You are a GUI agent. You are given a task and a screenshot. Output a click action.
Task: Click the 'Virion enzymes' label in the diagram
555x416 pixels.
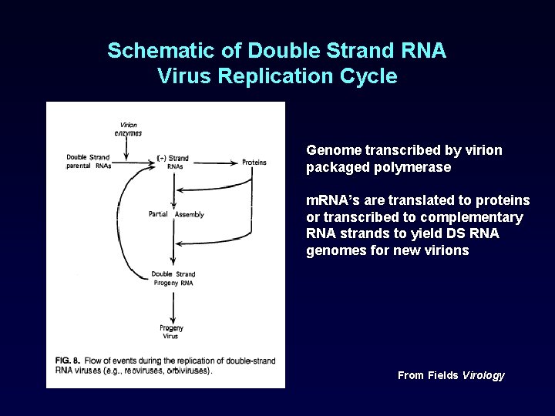128,129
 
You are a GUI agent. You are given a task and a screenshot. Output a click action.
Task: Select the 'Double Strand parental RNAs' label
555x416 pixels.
89,162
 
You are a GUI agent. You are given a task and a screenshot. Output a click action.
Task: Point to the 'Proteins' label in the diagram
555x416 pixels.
254,162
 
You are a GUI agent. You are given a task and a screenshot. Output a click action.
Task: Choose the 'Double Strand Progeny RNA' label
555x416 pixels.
173,278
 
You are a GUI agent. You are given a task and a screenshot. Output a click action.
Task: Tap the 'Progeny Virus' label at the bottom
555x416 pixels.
171,332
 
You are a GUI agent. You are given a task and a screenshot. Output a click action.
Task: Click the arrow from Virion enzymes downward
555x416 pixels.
128,146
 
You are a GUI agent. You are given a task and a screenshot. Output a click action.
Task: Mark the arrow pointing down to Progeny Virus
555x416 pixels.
173,305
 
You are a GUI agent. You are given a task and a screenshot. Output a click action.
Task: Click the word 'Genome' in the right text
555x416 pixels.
330,150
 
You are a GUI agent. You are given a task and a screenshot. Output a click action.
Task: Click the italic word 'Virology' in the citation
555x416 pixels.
483,375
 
